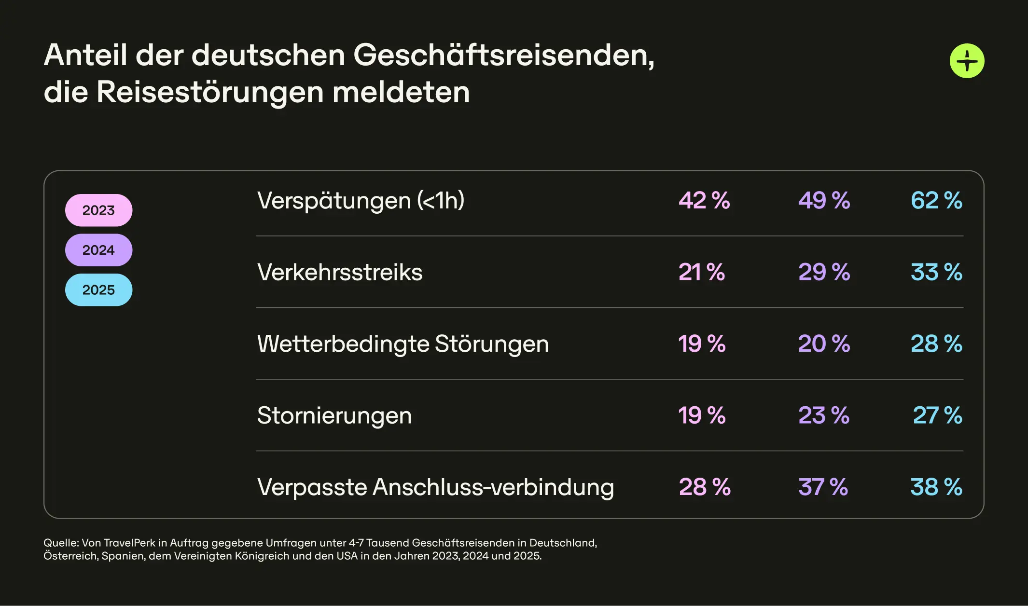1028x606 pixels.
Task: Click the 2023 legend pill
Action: pyautogui.click(x=98, y=210)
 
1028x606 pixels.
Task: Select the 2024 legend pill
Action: pyautogui.click(x=98, y=250)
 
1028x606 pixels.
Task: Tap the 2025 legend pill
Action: pyautogui.click(x=98, y=290)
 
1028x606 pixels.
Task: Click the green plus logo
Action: pyautogui.click(x=967, y=61)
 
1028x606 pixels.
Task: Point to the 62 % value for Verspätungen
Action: pyautogui.click(x=936, y=201)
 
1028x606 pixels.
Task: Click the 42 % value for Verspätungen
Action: pyautogui.click(x=704, y=201)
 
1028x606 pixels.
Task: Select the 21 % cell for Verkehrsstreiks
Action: pyautogui.click(x=702, y=272)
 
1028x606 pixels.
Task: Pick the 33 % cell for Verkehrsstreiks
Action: pyautogui.click(x=936, y=272)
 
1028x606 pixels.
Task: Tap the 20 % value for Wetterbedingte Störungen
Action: pyautogui.click(x=824, y=344)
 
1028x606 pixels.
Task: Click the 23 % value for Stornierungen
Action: pyautogui.click(x=824, y=415)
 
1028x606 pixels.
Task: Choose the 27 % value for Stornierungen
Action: pyautogui.click(x=937, y=415)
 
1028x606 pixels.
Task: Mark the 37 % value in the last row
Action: pyautogui.click(x=823, y=487)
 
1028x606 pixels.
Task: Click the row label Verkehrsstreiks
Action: pyautogui.click(x=340, y=272)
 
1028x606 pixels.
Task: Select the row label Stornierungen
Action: pyautogui.click(x=334, y=415)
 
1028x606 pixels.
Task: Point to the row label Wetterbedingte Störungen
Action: pyautogui.click(x=403, y=344)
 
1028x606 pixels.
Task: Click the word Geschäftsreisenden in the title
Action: pyautogui.click(x=503, y=55)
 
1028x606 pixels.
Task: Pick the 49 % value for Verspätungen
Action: pyautogui.click(x=824, y=201)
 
